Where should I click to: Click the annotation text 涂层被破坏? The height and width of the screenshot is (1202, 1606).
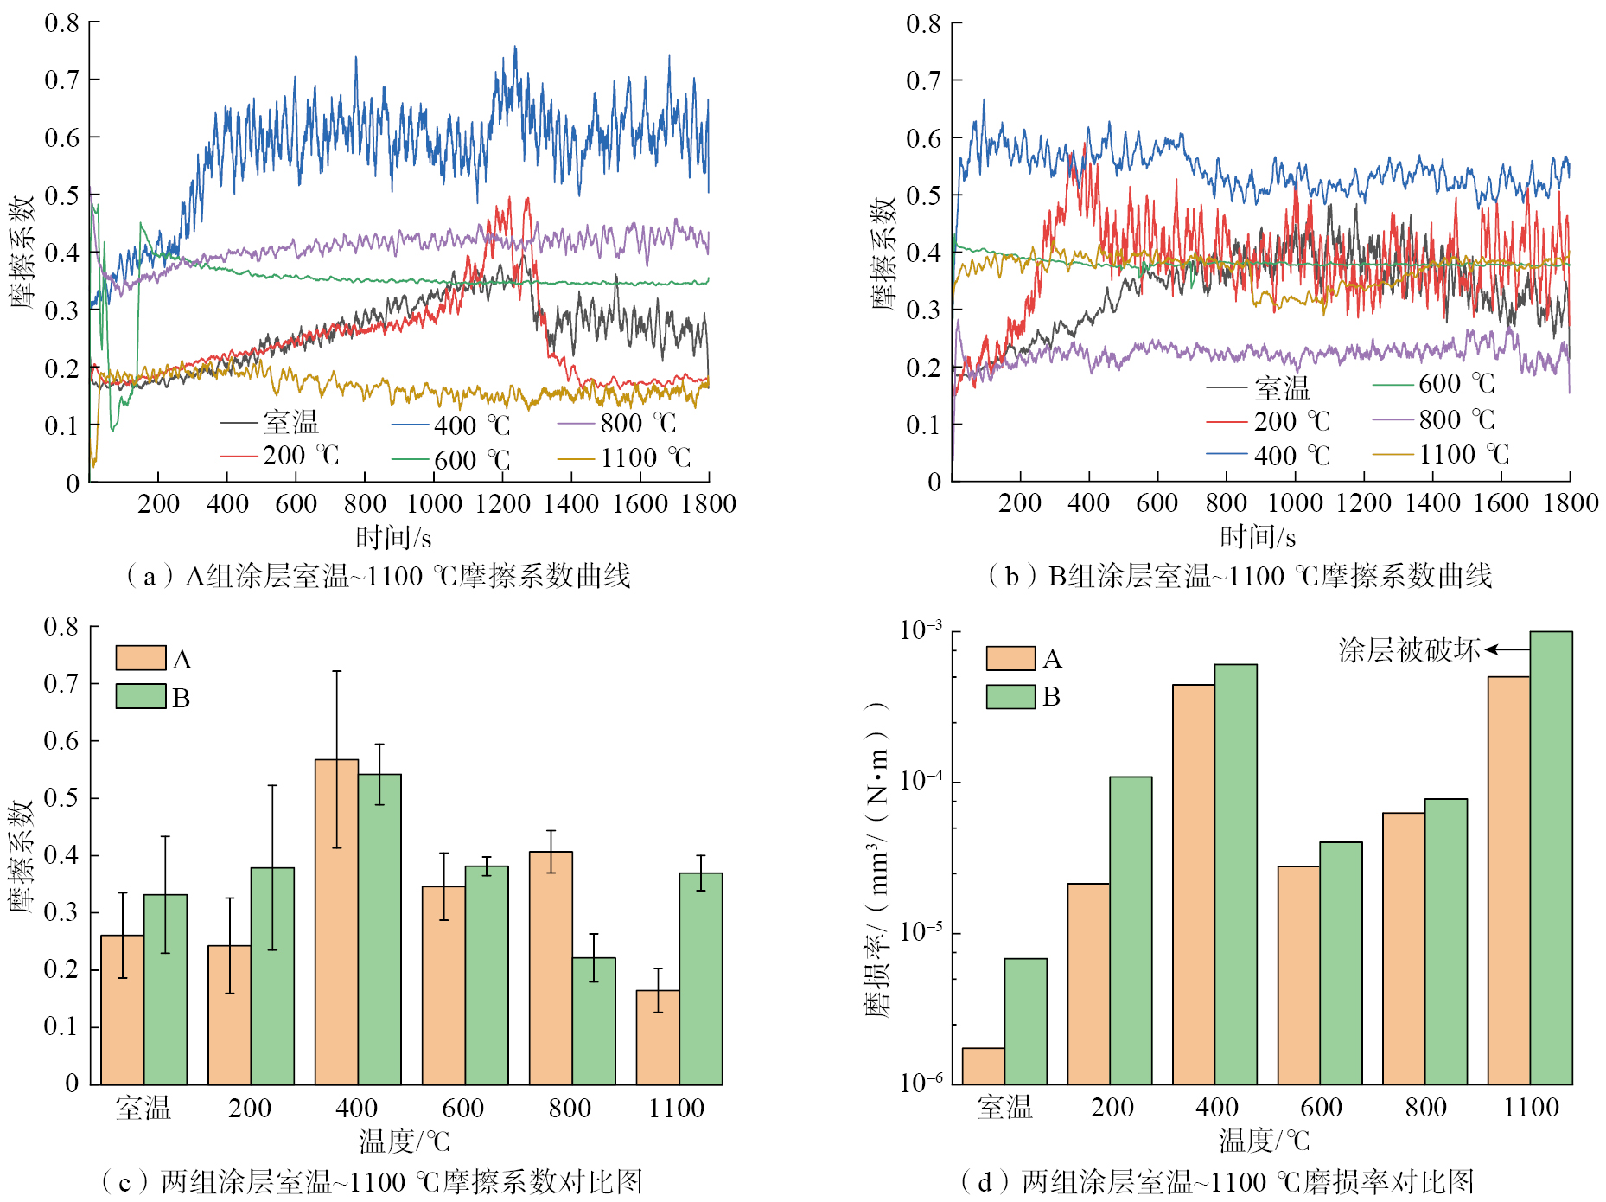click(1409, 650)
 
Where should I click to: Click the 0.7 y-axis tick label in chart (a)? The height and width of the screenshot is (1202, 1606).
click(61, 80)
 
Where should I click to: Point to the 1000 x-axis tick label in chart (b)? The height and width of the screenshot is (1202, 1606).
click(1295, 503)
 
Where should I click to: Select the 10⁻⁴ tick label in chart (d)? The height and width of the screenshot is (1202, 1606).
click(921, 780)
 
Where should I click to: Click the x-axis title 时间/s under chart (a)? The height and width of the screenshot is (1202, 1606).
click(393, 538)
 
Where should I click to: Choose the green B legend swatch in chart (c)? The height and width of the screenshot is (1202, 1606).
click(141, 696)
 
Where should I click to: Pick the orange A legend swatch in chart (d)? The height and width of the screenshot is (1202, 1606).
click(1010, 658)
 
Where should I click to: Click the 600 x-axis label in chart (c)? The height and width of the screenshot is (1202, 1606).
click(463, 1108)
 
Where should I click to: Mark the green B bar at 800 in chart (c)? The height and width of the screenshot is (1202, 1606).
click(594, 1020)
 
